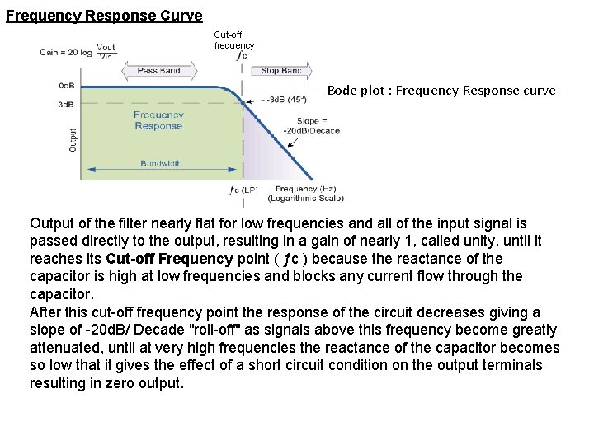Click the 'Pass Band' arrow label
click(x=159, y=71)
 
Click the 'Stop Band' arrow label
click(x=280, y=71)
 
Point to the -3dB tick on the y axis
click(x=64, y=104)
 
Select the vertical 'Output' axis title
click(x=73, y=138)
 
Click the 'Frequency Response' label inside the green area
click(x=158, y=120)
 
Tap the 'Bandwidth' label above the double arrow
click(x=161, y=163)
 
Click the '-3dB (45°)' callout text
click(x=285, y=100)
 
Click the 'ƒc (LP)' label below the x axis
click(x=243, y=190)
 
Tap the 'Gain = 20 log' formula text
click(x=67, y=52)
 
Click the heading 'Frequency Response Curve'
click(x=104, y=15)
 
